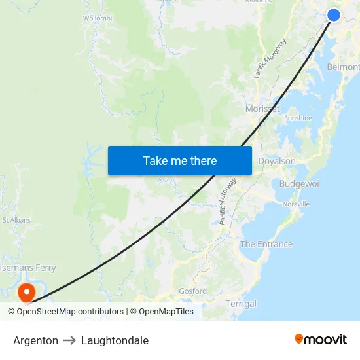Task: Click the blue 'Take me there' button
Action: click(180, 160)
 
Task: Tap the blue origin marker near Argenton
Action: click(334, 14)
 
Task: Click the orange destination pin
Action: click(27, 291)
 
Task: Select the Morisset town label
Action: click(262, 109)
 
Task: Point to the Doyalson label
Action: click(277, 161)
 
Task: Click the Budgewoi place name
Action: click(299, 183)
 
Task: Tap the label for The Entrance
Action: click(266, 244)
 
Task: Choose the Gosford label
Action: click(192, 291)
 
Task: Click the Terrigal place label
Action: click(241, 304)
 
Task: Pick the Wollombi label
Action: click(98, 18)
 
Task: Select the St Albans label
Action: click(16, 220)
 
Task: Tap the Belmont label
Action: click(343, 67)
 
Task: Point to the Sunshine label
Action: click(298, 118)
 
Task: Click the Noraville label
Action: click(296, 204)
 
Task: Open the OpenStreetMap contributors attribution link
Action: click(70, 312)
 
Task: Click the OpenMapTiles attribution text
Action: click(166, 312)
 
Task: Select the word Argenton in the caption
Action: click(35, 340)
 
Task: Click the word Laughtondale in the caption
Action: click(115, 340)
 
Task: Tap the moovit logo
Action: click(321, 339)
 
